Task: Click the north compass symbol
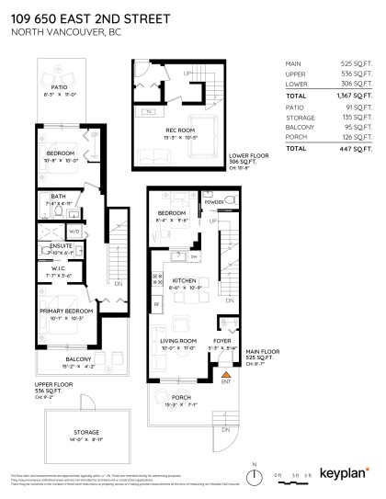250,475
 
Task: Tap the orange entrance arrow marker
223,374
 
